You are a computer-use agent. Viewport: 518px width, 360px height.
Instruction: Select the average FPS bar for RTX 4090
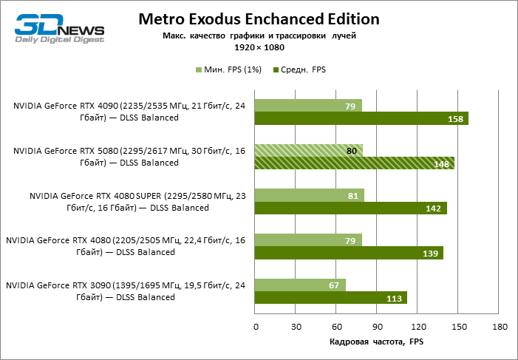click(361, 119)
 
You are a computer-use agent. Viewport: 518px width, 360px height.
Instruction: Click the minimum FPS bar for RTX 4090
click(308, 105)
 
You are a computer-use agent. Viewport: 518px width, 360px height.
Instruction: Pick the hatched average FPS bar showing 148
click(355, 163)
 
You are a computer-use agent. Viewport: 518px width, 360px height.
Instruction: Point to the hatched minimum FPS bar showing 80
click(309, 150)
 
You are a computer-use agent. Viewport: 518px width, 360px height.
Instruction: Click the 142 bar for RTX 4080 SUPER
click(351, 208)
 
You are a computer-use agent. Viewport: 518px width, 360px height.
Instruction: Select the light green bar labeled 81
click(310, 195)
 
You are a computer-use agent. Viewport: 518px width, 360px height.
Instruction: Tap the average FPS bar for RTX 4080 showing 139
click(349, 253)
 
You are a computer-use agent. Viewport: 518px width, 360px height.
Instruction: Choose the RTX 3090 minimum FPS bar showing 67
click(300, 285)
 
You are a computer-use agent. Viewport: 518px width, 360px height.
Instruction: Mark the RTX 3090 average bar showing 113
click(331, 298)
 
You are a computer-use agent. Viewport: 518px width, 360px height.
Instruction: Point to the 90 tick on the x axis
click(377, 327)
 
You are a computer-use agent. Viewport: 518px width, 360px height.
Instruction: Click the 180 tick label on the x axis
click(499, 327)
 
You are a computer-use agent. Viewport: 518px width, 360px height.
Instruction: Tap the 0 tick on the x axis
click(256, 327)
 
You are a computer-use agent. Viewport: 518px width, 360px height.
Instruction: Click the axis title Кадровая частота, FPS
click(376, 342)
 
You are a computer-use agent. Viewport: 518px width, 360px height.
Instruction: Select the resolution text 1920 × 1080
click(259, 47)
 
